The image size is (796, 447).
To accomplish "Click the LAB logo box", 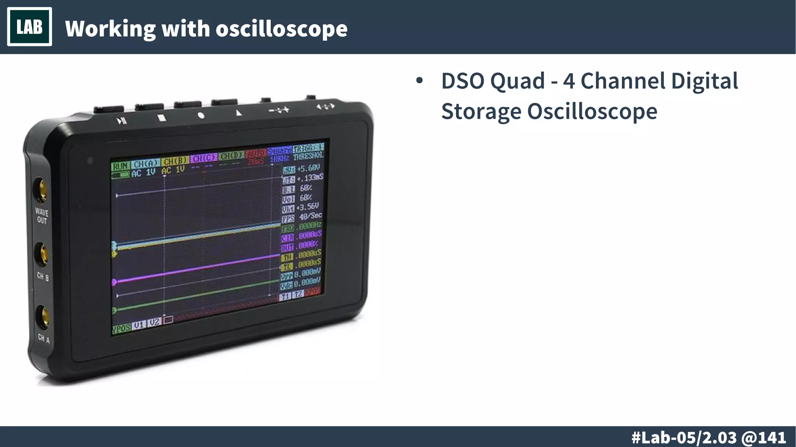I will point(30,27).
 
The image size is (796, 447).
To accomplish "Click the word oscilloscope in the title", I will point(281,29).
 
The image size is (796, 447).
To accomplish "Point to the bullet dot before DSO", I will point(419,81).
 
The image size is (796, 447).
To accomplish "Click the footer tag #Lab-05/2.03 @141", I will point(709,437).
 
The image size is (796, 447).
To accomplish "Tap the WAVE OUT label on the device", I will point(42,216).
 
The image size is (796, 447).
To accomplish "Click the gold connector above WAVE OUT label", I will point(40,189).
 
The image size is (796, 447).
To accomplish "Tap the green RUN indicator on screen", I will point(120,166).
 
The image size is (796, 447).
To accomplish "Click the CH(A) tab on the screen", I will point(145,164).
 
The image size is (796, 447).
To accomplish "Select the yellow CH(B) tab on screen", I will point(175,161).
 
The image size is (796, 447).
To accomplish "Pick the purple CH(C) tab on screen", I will point(204,158).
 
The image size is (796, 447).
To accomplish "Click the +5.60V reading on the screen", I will point(309,168).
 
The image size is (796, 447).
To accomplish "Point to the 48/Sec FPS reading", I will point(310,216).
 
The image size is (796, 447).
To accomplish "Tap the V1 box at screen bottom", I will point(139,325).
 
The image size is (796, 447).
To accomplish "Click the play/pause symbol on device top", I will point(122,121).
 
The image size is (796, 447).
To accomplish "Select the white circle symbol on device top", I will point(201,115).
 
